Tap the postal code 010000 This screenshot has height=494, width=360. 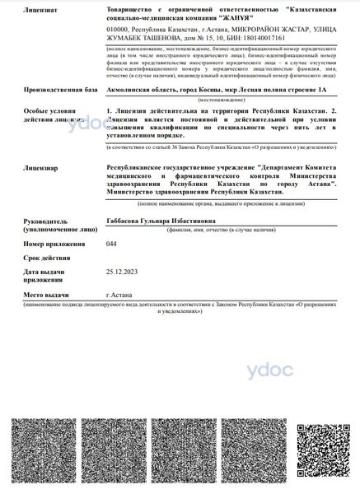(119, 29)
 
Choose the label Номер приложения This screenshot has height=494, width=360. (54, 245)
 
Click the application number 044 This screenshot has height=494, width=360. (111, 245)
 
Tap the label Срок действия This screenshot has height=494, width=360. (47, 258)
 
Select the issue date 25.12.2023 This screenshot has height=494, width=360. (121, 270)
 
